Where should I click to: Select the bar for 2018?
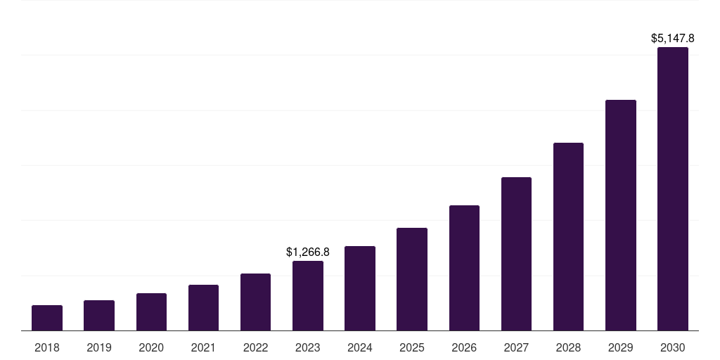coord(47,318)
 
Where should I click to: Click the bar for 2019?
coord(99,316)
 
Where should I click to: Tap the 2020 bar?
coord(151,312)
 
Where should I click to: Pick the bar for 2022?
coord(255,302)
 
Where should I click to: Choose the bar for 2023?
coord(308,296)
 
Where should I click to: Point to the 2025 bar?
coord(412,279)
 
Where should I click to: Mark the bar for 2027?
coord(516,254)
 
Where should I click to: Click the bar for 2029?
coord(620,215)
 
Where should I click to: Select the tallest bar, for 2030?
coord(673,189)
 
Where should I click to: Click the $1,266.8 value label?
coord(308,252)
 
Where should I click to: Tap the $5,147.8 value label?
coord(673,38)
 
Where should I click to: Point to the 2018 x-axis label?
coord(47,347)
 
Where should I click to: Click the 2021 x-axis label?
coord(203,347)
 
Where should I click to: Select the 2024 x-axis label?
coord(360,347)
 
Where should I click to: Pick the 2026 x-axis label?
coord(464,347)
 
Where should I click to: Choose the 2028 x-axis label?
coord(568,347)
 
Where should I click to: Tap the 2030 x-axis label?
coord(673,347)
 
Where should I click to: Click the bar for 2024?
coord(360,288)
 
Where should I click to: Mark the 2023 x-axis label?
coord(308,347)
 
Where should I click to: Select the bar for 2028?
coord(568,237)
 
